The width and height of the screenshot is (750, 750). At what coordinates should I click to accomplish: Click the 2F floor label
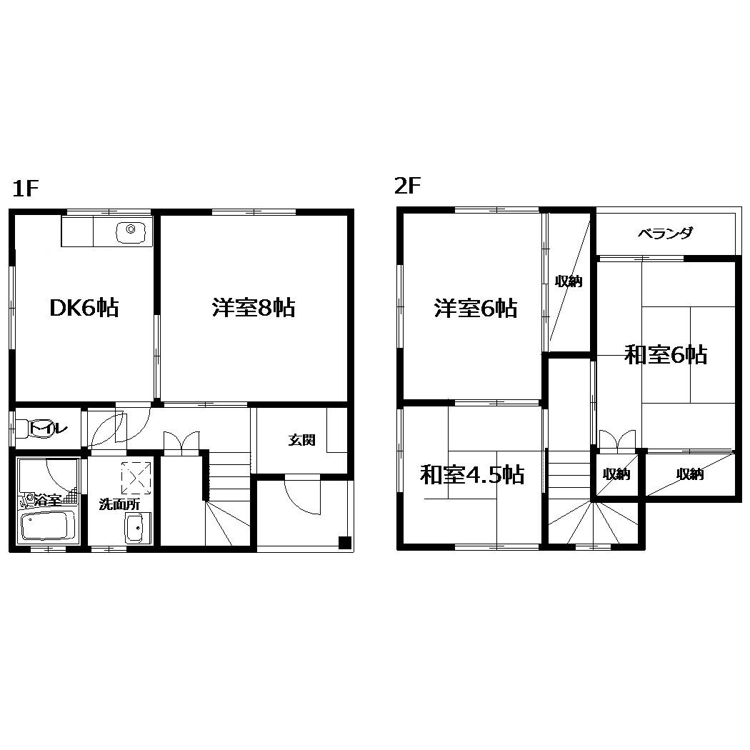point(407,186)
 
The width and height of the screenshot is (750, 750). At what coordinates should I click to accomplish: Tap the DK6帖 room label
point(84,308)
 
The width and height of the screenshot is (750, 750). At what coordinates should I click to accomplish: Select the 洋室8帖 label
point(254,308)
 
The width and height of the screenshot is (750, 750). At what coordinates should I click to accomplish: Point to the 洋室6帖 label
point(476,309)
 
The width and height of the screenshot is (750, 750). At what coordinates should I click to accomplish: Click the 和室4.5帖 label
point(472,474)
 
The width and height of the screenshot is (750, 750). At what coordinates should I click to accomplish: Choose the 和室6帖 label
point(666,355)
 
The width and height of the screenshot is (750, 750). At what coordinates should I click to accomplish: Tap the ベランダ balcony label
point(665,234)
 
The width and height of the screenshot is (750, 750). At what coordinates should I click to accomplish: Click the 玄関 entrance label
point(302,439)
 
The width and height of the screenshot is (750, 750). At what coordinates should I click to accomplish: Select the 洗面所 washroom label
point(119,504)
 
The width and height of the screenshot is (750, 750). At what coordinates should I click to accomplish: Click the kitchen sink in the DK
point(131,232)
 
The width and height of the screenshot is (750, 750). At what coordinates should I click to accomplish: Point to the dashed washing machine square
point(136,477)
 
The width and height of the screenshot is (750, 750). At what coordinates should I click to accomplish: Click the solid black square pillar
point(345,543)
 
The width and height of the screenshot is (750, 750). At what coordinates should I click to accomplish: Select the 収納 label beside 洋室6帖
point(569,281)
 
